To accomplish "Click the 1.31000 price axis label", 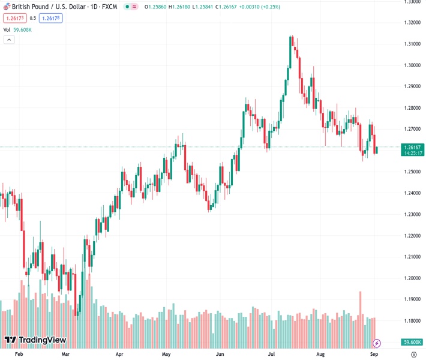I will [412, 44].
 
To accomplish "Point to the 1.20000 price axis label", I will [412, 278].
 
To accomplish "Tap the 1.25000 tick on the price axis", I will [412, 172].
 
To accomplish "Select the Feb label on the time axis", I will [19, 355].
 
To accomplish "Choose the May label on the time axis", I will [166, 355].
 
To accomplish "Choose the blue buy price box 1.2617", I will [51, 18].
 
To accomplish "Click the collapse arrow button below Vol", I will [9, 40].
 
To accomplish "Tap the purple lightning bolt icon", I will [377, 343].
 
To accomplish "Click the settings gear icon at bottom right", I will [413, 355].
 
